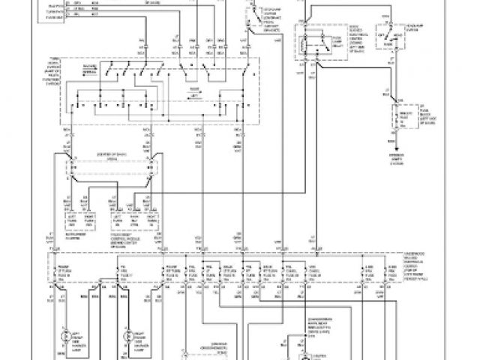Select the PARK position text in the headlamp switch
(394, 43)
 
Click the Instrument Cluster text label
(83, 223)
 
